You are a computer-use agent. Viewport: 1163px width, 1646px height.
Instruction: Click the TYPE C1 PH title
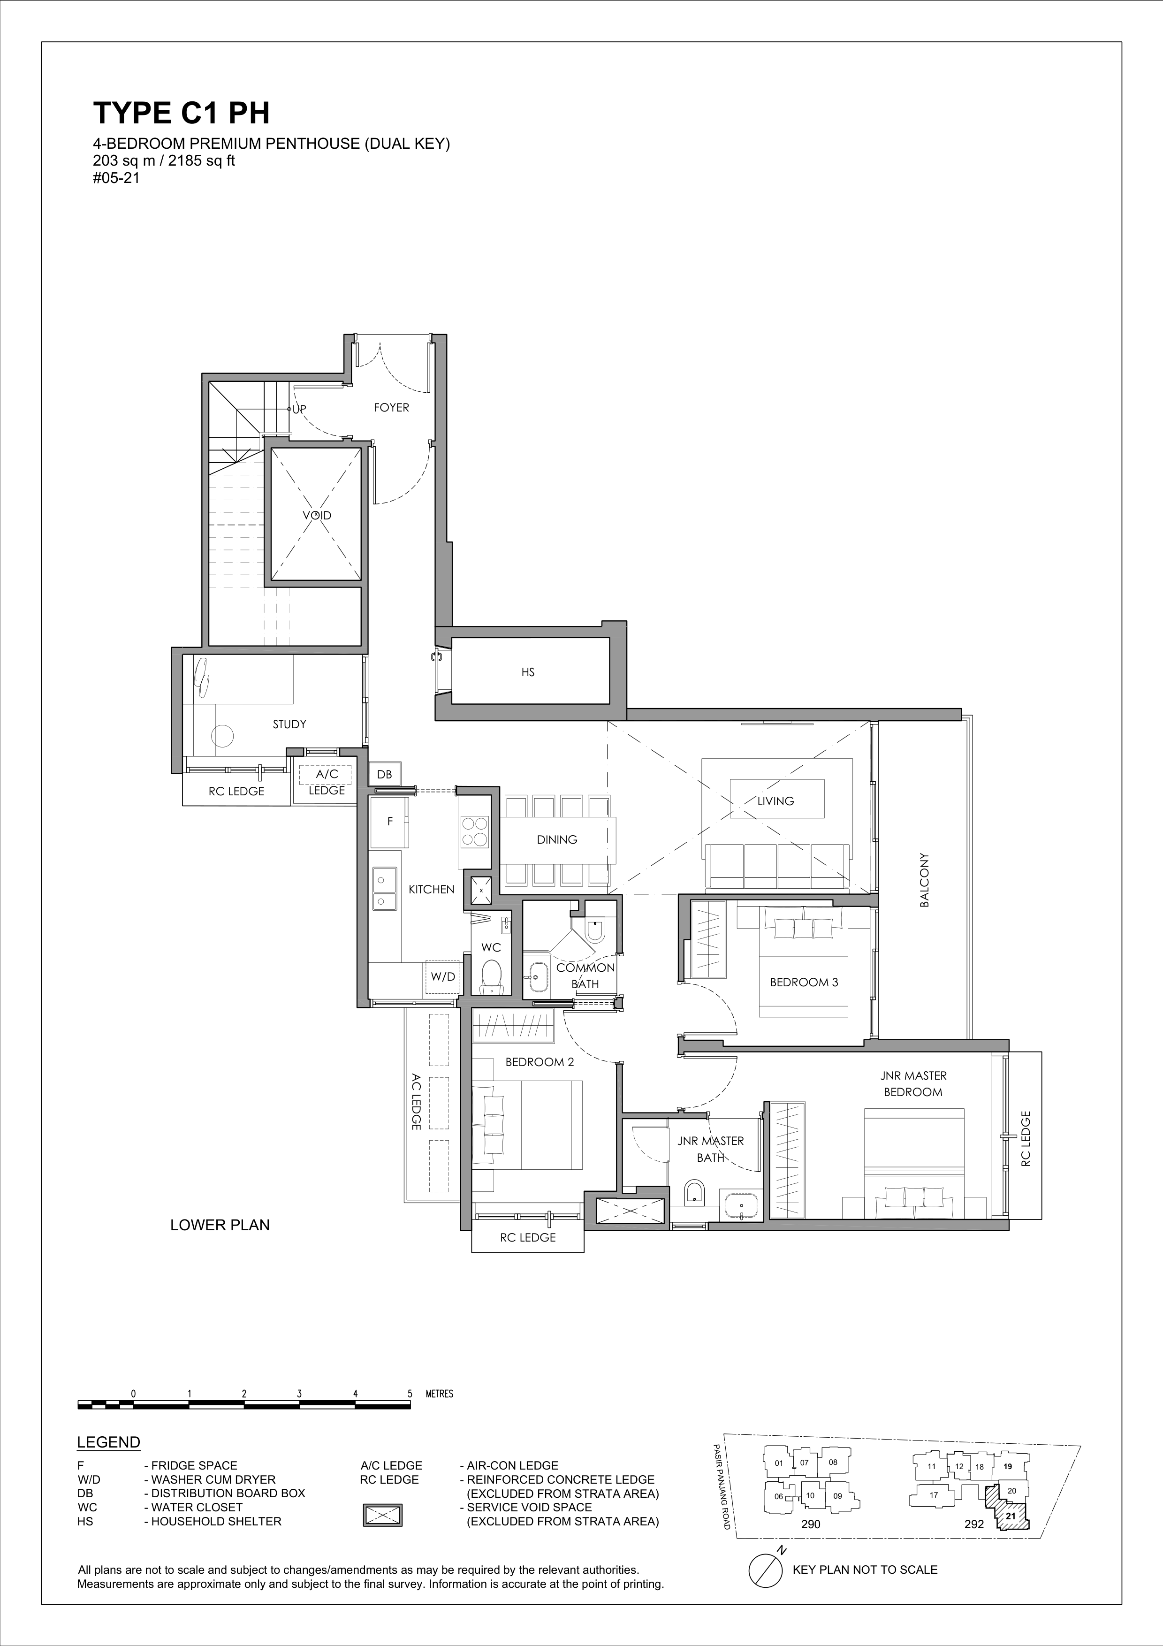pyautogui.click(x=181, y=113)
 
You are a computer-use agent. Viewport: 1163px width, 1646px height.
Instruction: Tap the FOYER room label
pyautogui.click(x=391, y=407)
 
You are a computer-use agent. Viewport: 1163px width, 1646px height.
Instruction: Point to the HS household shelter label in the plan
pyautogui.click(x=528, y=672)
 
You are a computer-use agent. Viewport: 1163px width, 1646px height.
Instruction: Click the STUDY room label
pyautogui.click(x=289, y=724)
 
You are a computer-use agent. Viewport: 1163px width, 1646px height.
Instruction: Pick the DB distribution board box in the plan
pyautogui.click(x=384, y=774)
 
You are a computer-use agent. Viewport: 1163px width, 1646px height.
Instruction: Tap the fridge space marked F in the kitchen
pyautogui.click(x=390, y=822)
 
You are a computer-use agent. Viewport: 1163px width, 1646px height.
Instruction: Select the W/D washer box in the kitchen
pyautogui.click(x=442, y=976)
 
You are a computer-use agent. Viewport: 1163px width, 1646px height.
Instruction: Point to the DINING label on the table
pyautogui.click(x=557, y=839)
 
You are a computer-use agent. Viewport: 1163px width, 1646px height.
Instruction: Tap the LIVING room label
pyautogui.click(x=775, y=801)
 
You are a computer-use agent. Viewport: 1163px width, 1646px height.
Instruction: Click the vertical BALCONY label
pyautogui.click(x=924, y=880)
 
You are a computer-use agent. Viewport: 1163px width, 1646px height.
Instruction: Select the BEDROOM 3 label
pyautogui.click(x=804, y=982)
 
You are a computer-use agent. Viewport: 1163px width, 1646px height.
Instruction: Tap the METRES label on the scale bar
pyautogui.click(x=439, y=1395)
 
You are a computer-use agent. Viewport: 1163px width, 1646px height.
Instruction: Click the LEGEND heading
pyautogui.click(x=108, y=1442)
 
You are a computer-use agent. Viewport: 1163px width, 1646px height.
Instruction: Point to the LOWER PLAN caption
pyautogui.click(x=220, y=1225)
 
